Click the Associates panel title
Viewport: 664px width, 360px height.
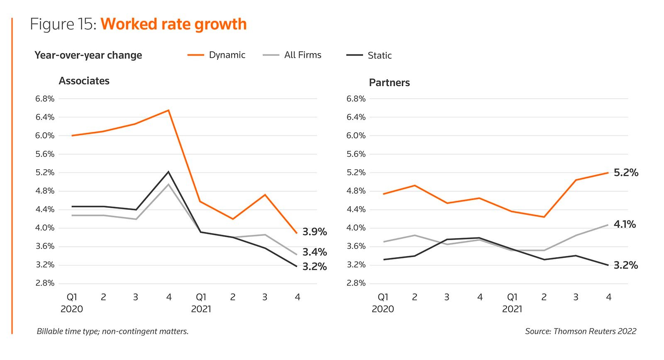(x=84, y=81)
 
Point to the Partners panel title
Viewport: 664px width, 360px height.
(x=389, y=83)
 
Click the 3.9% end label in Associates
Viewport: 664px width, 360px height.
(x=315, y=232)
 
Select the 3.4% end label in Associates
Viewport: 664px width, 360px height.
(x=315, y=252)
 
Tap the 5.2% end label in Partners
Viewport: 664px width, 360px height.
(x=626, y=173)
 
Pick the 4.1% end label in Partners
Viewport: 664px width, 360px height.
(x=625, y=224)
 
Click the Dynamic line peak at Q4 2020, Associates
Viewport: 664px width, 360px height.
(x=168, y=110)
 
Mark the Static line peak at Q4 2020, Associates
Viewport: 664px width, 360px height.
(x=168, y=172)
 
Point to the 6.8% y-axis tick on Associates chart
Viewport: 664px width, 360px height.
(x=45, y=99)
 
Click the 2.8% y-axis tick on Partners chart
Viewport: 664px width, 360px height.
(x=356, y=283)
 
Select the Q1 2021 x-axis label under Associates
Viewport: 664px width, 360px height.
(x=201, y=303)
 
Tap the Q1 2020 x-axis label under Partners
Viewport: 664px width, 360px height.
(x=383, y=303)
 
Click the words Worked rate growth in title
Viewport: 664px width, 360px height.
(x=173, y=24)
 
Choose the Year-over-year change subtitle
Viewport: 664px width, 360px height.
(x=88, y=55)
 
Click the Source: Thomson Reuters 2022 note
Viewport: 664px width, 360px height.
(x=580, y=331)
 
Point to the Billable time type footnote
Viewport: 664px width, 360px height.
(x=112, y=331)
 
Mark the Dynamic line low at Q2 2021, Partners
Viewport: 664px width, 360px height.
(x=544, y=217)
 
